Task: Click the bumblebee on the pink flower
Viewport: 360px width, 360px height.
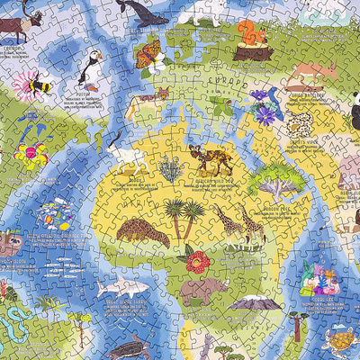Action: [39, 86]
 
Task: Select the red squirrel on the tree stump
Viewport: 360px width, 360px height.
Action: [249, 36]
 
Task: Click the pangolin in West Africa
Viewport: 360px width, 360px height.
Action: [142, 233]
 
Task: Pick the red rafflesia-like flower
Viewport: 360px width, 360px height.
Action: [197, 262]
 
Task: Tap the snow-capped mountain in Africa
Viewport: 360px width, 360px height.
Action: [256, 301]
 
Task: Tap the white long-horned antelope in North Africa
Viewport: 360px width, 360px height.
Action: [131, 163]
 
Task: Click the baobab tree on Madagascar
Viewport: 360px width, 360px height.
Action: [277, 179]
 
